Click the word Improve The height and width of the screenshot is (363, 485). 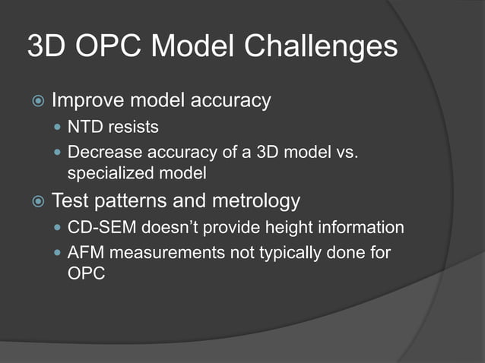[x=86, y=100]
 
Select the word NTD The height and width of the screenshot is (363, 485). [x=84, y=126]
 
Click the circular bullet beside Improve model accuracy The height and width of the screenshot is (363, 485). [x=36, y=101]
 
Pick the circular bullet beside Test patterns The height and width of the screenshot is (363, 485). [x=36, y=202]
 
